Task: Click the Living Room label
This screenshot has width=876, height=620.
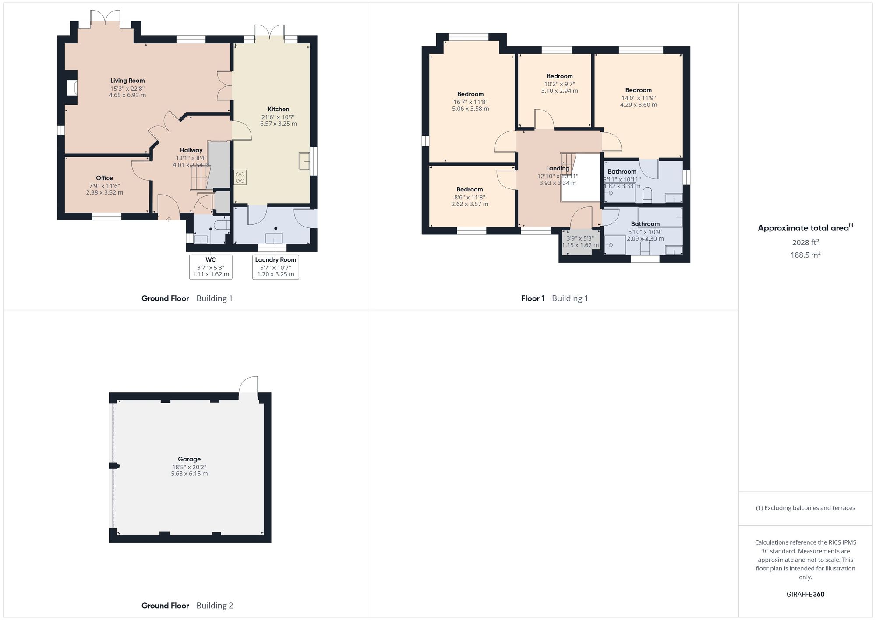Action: [x=127, y=81]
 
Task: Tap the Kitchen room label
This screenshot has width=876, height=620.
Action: [x=279, y=109]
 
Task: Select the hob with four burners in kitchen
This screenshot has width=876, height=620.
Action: [x=240, y=177]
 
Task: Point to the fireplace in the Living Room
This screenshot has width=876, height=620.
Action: [x=72, y=88]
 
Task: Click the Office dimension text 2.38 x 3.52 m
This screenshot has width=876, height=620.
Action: [x=104, y=192]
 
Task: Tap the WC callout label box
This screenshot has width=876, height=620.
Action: [x=211, y=266]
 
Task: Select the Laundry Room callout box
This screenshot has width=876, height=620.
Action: [x=276, y=266]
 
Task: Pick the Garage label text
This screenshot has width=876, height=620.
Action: [x=189, y=459]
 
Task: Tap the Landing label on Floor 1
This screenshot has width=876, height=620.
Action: [x=558, y=168]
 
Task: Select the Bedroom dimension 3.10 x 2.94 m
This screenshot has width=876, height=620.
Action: [x=559, y=91]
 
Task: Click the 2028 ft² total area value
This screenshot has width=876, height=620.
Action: [x=805, y=242]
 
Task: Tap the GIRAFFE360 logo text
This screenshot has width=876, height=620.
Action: [x=805, y=594]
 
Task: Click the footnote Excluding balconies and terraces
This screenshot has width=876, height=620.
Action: [x=805, y=508]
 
